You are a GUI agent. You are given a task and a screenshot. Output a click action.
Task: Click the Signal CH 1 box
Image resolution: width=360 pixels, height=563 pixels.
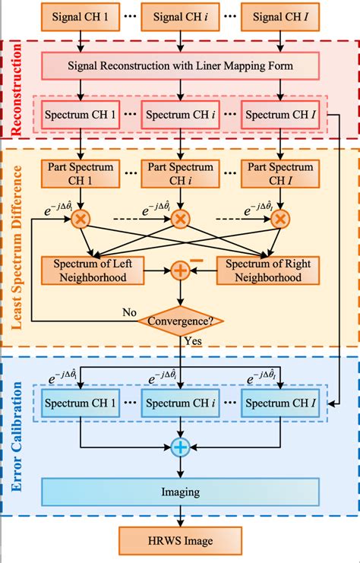tap(80, 15)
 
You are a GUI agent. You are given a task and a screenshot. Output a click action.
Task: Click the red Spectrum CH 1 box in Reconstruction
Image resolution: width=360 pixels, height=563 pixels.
tap(80, 115)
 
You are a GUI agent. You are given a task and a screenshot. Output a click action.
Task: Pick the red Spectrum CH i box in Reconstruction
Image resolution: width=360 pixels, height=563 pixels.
tap(180, 115)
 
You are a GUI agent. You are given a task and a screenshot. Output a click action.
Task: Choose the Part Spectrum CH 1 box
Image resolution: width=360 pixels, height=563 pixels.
tap(80, 172)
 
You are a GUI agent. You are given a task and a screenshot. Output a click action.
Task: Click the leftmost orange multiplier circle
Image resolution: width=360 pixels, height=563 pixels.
tap(80, 220)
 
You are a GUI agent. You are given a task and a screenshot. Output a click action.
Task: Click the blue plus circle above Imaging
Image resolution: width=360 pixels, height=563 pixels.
tap(180, 448)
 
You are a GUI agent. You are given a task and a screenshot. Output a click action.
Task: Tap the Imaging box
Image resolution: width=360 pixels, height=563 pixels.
tap(180, 492)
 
